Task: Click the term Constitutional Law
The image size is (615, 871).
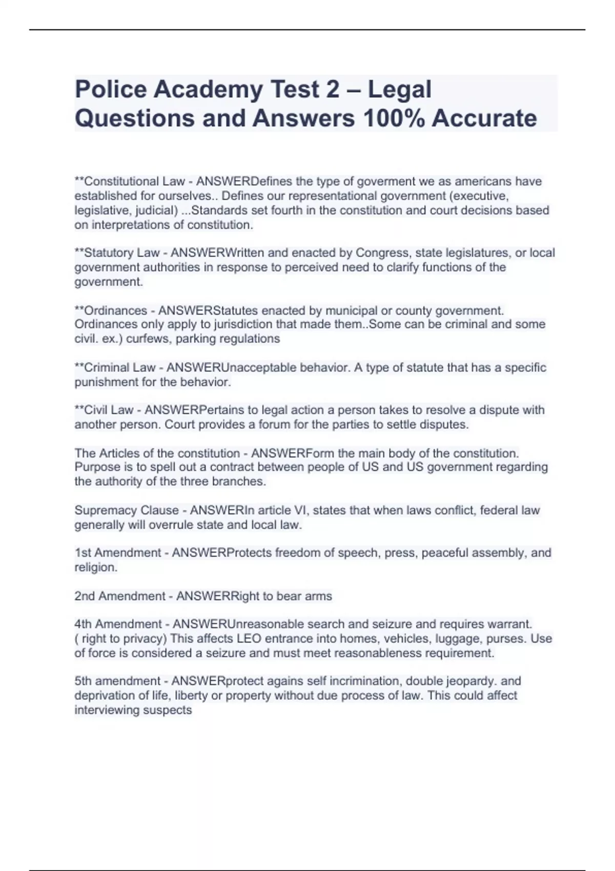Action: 134,181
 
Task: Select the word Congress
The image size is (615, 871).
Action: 382,253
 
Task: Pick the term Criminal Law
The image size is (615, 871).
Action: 119,368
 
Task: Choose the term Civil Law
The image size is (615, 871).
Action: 109,410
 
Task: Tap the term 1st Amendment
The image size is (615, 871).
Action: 118,553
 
